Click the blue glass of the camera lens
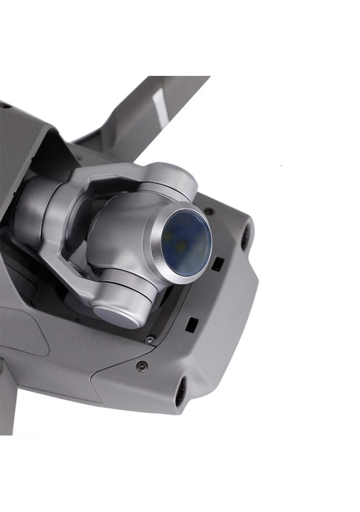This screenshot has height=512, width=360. pyautogui.click(x=187, y=242)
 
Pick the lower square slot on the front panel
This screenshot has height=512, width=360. pyautogui.click(x=191, y=325)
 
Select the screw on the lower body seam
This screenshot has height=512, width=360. pyautogui.click(x=141, y=366)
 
